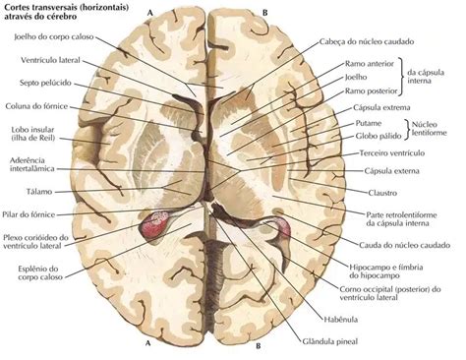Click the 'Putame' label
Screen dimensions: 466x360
(x=369, y=123)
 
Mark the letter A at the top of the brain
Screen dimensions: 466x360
(x=149, y=12)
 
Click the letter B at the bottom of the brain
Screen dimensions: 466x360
(x=259, y=346)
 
